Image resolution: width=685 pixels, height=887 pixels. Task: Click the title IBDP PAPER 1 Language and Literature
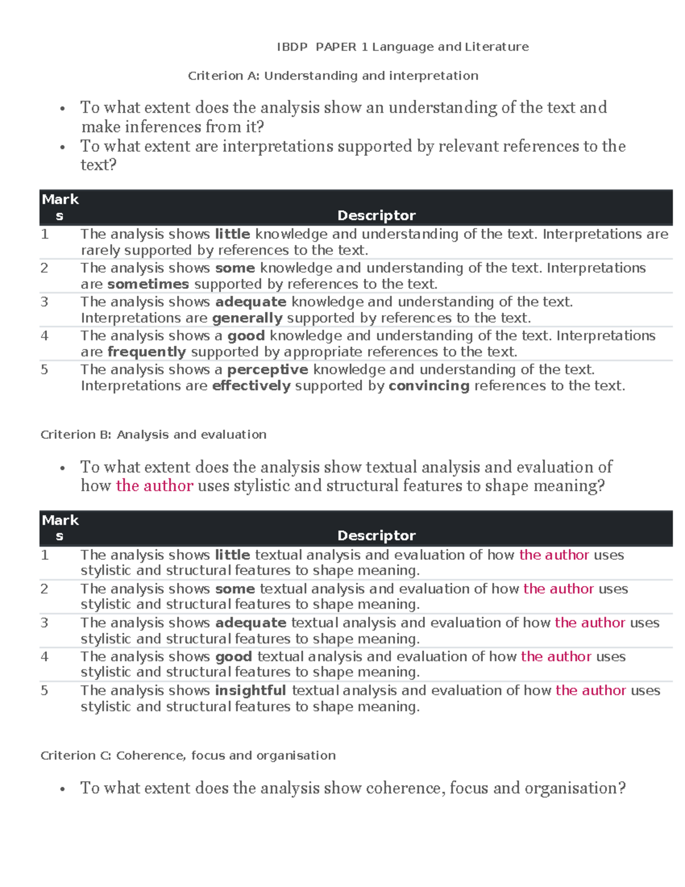[x=402, y=47]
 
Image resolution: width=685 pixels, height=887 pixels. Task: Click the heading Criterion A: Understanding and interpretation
[x=333, y=76]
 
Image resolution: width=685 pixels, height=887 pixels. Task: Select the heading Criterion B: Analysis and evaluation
[x=153, y=435]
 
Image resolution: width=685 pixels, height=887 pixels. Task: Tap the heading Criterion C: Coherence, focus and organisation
[x=188, y=756]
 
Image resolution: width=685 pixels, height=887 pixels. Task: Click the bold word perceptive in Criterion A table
[x=267, y=370]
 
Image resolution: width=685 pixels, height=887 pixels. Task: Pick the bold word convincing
[x=429, y=386]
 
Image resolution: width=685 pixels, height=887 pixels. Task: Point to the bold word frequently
[x=147, y=352]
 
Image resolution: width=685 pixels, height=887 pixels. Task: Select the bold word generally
[x=247, y=318]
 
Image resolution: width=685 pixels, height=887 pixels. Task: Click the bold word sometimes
[x=148, y=284]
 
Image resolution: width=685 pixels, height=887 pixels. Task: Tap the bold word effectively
[x=251, y=386]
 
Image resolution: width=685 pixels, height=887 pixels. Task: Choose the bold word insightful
[x=250, y=691]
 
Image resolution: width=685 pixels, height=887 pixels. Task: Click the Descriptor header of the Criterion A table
[x=376, y=215]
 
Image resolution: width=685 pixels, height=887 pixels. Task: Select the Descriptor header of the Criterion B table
[x=376, y=536]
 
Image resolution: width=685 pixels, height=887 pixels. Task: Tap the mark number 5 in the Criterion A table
[x=45, y=370]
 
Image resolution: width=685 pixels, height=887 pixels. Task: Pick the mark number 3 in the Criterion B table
[x=45, y=623]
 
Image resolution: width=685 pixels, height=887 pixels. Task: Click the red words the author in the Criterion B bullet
[x=154, y=486]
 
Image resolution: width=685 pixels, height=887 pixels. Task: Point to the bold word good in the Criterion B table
[x=233, y=657]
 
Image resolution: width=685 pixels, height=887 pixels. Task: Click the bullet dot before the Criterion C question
[x=62, y=789]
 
